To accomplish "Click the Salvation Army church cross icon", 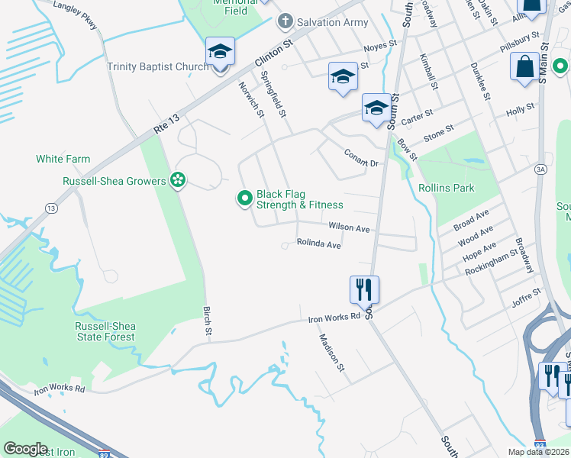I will pyautogui.click(x=285, y=21).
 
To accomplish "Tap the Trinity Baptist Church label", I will pyautogui.click(x=157, y=66).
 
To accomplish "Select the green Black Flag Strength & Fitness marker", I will pyautogui.click(x=245, y=199).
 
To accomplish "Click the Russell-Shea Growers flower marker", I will pyautogui.click(x=178, y=181).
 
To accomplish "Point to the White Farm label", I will pyautogui.click(x=63, y=159).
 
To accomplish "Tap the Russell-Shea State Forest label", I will pyautogui.click(x=105, y=331).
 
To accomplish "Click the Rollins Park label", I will pyautogui.click(x=447, y=188).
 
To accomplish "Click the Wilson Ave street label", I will pyautogui.click(x=349, y=228).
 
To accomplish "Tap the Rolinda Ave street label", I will pyautogui.click(x=318, y=245).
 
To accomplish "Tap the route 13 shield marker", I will pyautogui.click(x=51, y=208).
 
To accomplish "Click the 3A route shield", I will pyautogui.click(x=540, y=169).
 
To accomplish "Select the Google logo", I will pyautogui.click(x=26, y=449).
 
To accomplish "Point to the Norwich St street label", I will pyautogui.click(x=251, y=100).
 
